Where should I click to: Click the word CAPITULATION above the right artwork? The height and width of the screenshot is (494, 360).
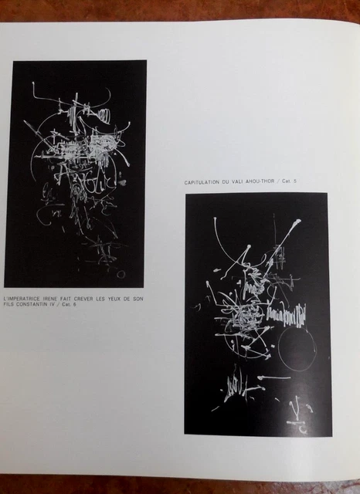[x=205, y=182]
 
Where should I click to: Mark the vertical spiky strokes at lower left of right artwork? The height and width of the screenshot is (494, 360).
[x=236, y=386]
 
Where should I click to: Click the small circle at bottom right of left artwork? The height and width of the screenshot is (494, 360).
[x=121, y=273]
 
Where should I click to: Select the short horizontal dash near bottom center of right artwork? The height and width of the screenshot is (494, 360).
[x=274, y=378]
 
